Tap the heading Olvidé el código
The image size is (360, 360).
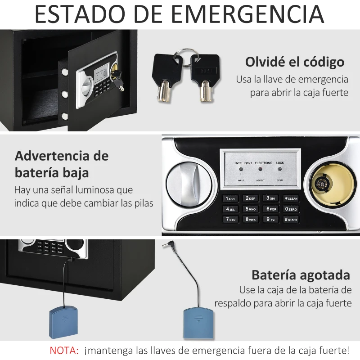pos(294,62)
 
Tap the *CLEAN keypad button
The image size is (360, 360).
pos(291,198)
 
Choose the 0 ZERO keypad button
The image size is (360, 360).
pos(291,209)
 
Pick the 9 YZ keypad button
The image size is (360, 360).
pos(270,220)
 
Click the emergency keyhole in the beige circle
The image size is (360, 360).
pos(323,183)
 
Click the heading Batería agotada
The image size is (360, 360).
pos(301,274)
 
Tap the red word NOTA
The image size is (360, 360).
pos(63,350)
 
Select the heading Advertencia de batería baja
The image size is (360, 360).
pos(62,164)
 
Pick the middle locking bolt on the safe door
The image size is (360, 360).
pos(65,94)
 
